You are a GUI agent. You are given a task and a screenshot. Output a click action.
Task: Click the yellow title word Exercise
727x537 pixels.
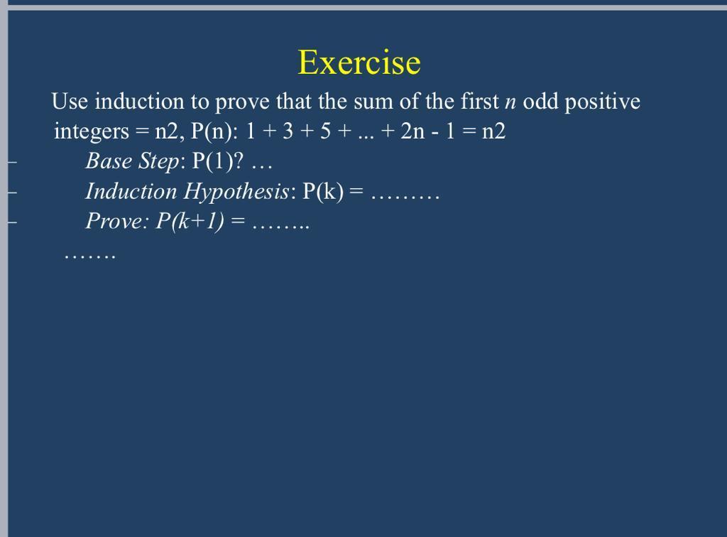pos(359,63)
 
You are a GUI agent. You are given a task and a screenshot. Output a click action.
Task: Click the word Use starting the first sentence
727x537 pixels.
pos(70,102)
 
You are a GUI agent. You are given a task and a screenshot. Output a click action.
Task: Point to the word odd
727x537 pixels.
pos(540,102)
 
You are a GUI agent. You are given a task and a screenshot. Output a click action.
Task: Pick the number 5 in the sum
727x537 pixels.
pos(324,132)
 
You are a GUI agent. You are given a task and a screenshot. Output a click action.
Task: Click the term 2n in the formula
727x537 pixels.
pos(412,132)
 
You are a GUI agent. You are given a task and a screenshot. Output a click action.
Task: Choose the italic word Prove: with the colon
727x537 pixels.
pos(118,222)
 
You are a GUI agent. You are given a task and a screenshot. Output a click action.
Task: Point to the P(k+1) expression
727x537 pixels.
pos(190,222)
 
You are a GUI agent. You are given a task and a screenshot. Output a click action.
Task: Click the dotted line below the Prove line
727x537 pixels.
pos(89,254)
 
